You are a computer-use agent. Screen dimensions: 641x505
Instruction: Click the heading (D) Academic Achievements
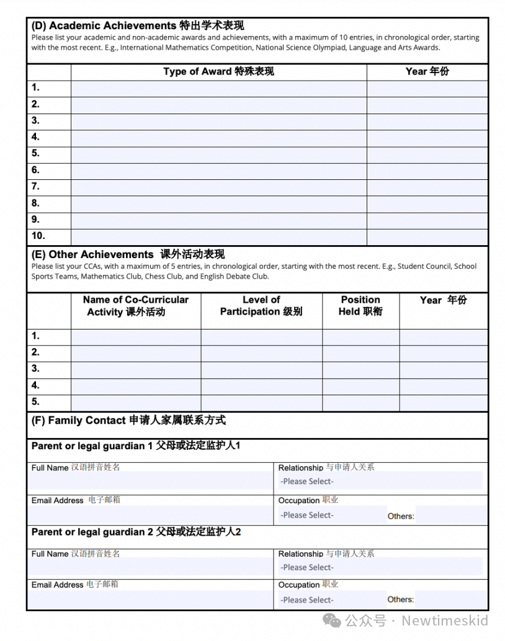137,25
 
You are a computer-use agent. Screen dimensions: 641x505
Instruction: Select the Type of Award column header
218,71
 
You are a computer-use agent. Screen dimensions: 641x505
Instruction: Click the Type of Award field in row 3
218,121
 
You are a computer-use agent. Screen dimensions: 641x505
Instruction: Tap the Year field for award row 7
427,187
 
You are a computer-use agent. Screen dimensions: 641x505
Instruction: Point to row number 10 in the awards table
38,236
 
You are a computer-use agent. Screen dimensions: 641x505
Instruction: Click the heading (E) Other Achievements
128,254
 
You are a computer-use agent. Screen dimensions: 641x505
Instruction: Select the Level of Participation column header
261,306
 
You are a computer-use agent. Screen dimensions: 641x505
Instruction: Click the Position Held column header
360,306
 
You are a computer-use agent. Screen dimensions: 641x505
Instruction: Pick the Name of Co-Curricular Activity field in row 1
136,336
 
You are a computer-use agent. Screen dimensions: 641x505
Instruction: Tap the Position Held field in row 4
360,386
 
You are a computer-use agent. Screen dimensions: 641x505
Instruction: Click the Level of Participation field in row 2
261,352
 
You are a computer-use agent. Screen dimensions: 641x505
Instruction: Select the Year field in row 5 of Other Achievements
443,402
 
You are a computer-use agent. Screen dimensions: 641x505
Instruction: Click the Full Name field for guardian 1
150,482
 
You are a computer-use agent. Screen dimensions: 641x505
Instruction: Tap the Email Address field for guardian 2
150,599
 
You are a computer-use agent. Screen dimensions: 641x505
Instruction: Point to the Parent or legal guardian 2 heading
136,532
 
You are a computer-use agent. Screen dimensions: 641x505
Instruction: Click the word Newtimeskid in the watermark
445,621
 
